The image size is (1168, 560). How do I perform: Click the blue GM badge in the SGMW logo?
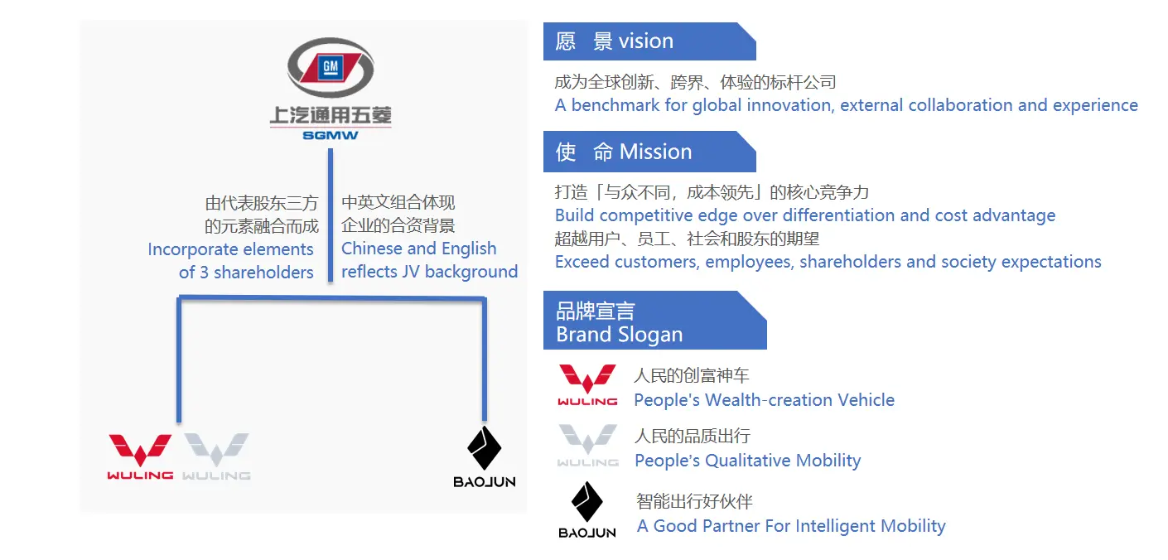[331, 67]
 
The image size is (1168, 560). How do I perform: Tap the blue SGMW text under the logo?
[331, 136]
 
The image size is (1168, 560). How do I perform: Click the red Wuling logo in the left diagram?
[140, 456]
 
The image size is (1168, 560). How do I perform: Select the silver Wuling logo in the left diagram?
[216, 456]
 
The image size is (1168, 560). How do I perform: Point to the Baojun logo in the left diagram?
[485, 456]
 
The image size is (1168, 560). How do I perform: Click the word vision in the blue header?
[645, 41]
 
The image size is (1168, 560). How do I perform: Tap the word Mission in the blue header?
[655, 152]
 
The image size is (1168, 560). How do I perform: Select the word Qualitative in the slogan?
[748, 461]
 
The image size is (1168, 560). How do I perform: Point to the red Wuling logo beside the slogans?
[587, 385]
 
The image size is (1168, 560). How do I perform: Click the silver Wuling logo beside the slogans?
[587, 446]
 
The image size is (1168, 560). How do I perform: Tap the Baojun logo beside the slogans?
[587, 510]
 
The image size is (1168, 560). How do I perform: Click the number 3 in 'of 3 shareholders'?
[205, 273]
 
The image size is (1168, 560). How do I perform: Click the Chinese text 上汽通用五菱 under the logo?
[331, 116]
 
